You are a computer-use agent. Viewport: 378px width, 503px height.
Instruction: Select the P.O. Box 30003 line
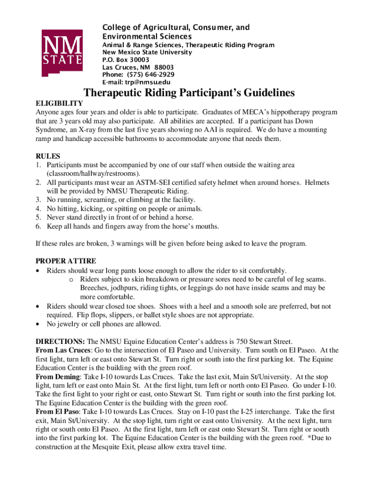click(x=125, y=59)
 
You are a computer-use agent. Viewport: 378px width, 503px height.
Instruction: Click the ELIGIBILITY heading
click(x=59, y=104)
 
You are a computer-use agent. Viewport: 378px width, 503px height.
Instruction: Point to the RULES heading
click(x=48, y=156)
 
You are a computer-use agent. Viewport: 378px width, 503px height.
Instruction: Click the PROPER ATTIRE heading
click(x=66, y=261)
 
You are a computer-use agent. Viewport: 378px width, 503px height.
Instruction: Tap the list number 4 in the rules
click(x=38, y=209)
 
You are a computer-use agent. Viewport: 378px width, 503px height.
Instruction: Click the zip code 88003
click(x=164, y=67)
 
